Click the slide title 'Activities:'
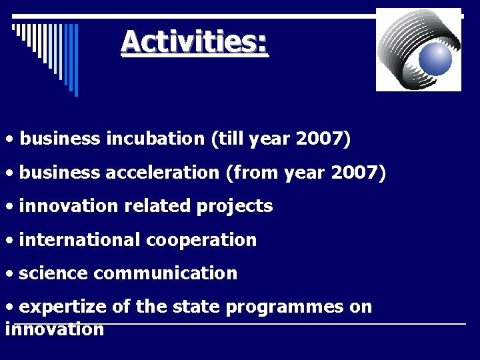pyautogui.click(x=195, y=43)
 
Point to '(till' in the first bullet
pyautogui.click(x=227, y=139)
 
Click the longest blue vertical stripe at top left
pyautogui.click(x=76, y=60)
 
